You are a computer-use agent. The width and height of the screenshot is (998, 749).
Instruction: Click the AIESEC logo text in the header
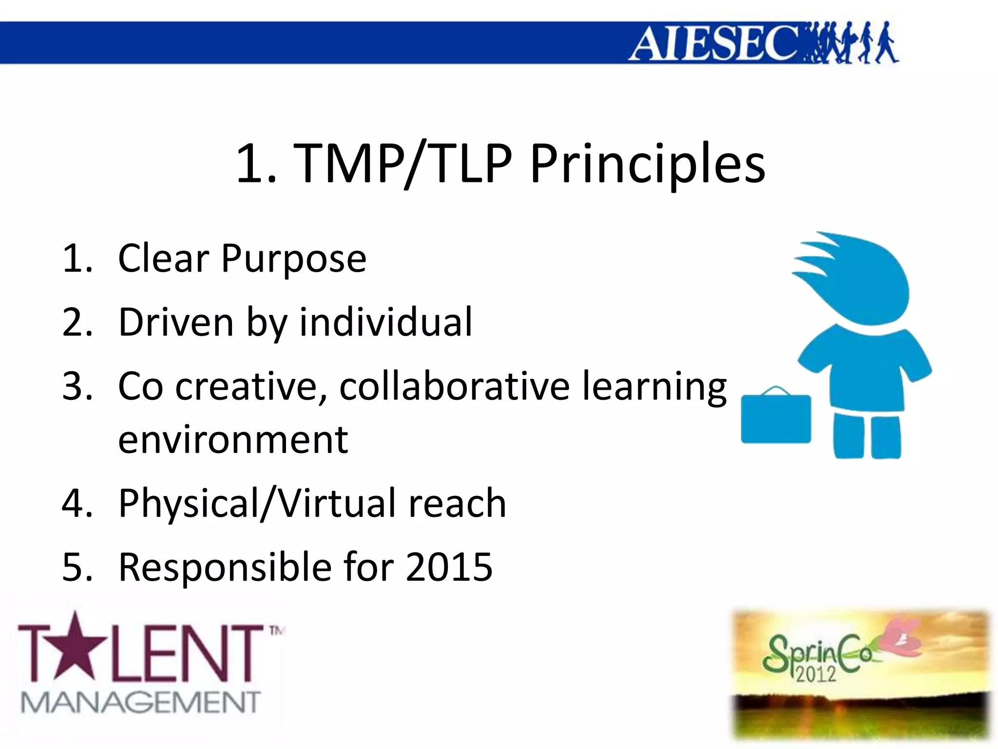[714, 43]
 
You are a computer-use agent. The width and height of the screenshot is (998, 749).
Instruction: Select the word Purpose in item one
[293, 258]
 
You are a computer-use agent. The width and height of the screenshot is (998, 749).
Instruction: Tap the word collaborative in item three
[454, 386]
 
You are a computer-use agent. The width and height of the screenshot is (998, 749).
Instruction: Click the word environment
[233, 439]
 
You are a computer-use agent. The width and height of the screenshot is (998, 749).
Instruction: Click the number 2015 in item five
[449, 567]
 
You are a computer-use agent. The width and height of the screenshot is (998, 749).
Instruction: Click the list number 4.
[77, 503]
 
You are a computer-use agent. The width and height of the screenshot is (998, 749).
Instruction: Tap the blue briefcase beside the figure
[776, 417]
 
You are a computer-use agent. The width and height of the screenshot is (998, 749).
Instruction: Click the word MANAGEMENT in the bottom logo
[140, 703]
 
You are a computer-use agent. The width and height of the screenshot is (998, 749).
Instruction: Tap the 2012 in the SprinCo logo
[816, 673]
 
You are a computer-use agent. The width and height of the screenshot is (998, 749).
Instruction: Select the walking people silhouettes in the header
[850, 43]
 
